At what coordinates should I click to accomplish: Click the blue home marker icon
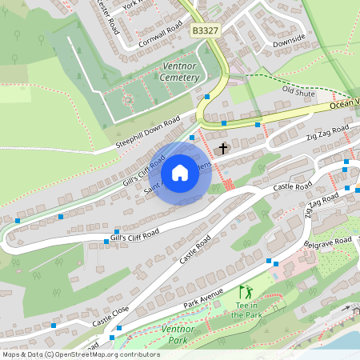point(179,173)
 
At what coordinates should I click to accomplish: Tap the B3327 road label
point(206,30)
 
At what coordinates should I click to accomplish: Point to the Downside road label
point(289,41)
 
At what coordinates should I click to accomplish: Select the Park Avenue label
point(202,299)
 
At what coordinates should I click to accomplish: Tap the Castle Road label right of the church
point(293,186)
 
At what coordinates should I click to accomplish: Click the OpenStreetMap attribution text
point(80,354)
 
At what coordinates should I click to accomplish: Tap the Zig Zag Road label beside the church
point(327,132)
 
